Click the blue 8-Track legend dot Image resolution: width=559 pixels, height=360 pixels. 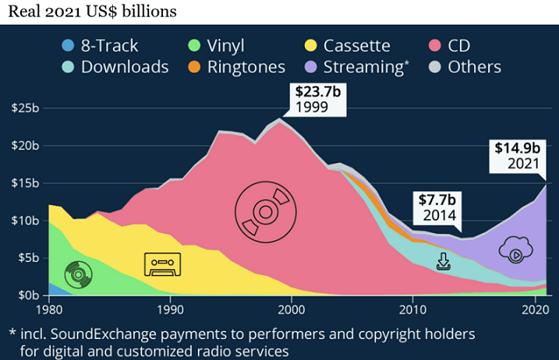click(68, 46)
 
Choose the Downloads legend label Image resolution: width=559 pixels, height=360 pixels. click(125, 67)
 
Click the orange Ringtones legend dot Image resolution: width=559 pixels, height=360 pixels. click(194, 67)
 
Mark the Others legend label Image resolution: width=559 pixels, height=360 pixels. click(474, 67)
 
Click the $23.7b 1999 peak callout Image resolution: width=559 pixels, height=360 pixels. click(317, 98)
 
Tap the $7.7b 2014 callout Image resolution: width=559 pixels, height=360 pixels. click(435, 206)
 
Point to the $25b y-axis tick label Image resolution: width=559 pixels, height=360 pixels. click(26, 108)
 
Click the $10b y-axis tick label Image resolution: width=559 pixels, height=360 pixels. click(26, 221)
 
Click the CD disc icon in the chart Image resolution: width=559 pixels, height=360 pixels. click(265, 210)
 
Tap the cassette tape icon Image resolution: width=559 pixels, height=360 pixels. click(162, 265)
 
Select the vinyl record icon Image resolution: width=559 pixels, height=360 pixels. click(78, 274)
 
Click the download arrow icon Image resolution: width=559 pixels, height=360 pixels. click(444, 261)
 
